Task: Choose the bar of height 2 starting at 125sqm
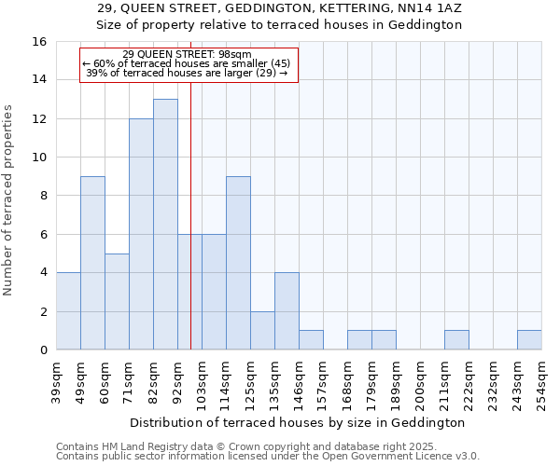click(x=262, y=331)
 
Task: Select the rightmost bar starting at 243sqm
click(x=529, y=340)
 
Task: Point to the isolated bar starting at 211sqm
click(x=456, y=340)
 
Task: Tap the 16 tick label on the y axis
click(x=39, y=42)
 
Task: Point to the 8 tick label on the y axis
click(x=43, y=196)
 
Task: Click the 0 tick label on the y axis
click(x=43, y=350)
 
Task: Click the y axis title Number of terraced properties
click(x=10, y=200)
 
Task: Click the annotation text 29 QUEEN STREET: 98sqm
click(x=187, y=55)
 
